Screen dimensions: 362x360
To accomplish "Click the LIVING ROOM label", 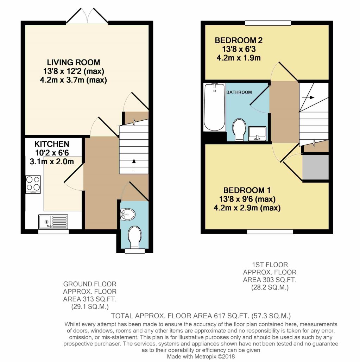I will click(x=74, y=63).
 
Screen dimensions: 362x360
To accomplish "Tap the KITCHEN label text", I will click(x=52, y=144).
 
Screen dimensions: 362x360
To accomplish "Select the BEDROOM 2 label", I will click(x=239, y=40).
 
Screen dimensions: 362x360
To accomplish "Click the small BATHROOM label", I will click(x=239, y=92).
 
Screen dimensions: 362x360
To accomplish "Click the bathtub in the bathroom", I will click(x=214, y=107).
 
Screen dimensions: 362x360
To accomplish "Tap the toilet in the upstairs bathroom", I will click(x=239, y=129).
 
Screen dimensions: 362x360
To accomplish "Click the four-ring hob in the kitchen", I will click(x=33, y=184).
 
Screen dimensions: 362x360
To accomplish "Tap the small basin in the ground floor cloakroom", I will click(x=127, y=212).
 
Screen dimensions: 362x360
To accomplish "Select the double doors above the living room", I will click(x=87, y=17).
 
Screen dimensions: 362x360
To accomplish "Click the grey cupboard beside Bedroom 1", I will click(x=316, y=167).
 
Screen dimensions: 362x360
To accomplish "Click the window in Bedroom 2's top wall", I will click(x=268, y=23).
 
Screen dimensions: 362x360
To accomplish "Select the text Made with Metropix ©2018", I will click(x=201, y=356).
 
